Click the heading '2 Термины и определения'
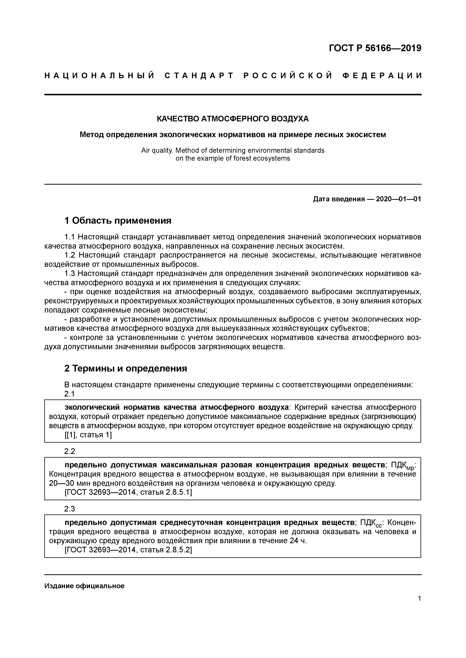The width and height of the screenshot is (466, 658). (x=125, y=368)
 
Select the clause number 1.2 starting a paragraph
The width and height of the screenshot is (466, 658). (x=70, y=255)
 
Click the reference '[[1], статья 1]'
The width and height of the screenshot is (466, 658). (x=88, y=435)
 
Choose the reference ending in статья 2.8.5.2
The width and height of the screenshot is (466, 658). (x=128, y=550)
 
